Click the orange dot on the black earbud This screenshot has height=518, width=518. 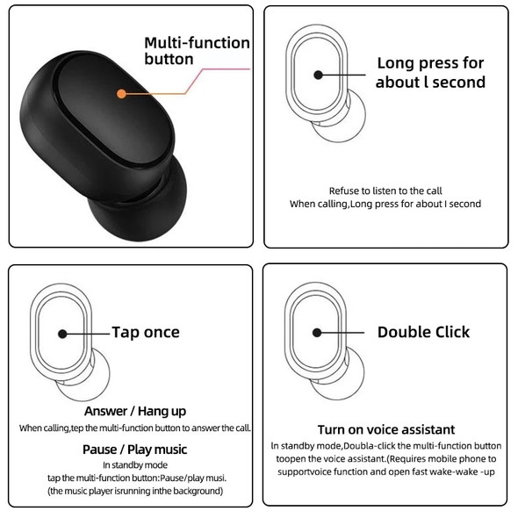point(121,92)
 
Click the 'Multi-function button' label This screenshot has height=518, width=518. point(197,51)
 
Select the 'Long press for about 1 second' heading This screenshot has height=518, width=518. point(430,72)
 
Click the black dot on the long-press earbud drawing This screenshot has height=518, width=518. point(317,75)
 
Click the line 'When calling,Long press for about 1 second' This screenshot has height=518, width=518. point(385,204)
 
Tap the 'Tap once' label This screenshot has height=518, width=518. point(145,332)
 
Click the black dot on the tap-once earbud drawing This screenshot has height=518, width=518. point(62,334)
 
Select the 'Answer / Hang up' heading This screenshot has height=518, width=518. point(135,411)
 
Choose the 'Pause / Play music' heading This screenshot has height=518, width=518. point(135,449)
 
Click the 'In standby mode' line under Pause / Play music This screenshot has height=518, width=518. point(135,464)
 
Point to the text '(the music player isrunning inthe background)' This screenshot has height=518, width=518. point(135,491)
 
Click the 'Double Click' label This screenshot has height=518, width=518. point(423,332)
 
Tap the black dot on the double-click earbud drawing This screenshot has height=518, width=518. point(317,333)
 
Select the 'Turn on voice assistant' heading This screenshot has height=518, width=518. point(386,429)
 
